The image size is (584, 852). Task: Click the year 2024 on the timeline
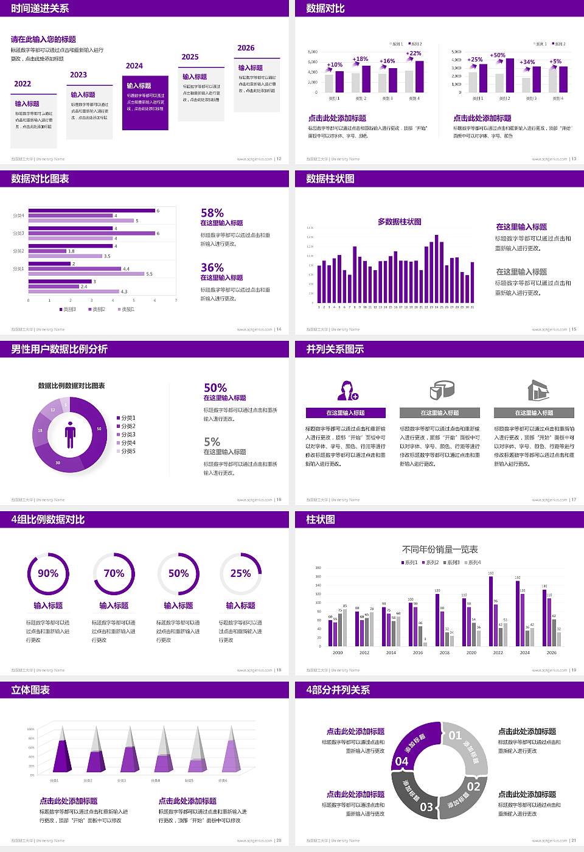134,66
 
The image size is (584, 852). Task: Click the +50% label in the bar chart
498,55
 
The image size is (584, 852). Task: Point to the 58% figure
212,213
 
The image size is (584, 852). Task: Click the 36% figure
212,268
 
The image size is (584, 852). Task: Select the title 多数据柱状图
399,222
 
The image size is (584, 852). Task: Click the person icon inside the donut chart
70,434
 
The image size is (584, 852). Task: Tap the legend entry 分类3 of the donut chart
127,435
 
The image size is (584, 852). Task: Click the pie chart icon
442,390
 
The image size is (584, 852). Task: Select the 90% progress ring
48,573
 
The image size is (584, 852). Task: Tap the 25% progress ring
240,573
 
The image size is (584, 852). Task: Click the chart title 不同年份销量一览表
439,550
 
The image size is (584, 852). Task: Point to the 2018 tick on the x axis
445,652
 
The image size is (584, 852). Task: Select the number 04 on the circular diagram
402,761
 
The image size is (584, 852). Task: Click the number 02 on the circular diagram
473,786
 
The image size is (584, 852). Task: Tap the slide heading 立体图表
30,690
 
